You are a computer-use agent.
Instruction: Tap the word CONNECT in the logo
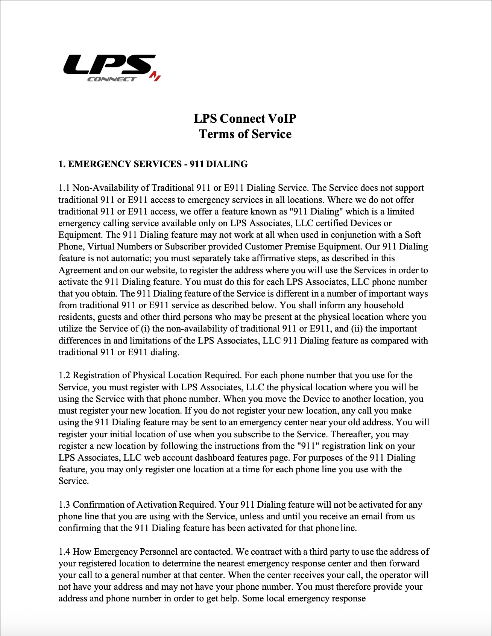click(x=112, y=79)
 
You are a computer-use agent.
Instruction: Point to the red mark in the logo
click(x=155, y=76)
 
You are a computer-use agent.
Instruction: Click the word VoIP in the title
click(x=282, y=119)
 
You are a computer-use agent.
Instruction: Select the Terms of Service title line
click(x=245, y=134)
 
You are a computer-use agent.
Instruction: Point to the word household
click(x=383, y=305)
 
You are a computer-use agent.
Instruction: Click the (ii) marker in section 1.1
click(x=357, y=329)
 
